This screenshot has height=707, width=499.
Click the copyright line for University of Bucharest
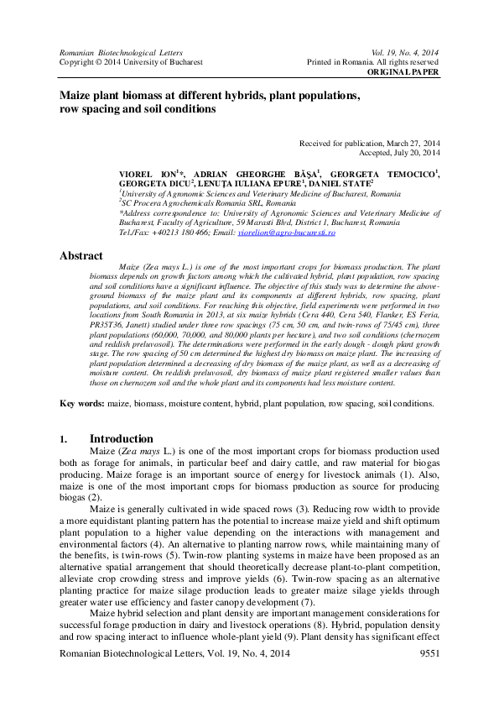tap(131, 62)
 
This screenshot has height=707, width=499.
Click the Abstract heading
tap(81, 255)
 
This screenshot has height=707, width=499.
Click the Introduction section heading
tap(121, 438)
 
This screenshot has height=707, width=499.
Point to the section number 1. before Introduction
tap(64, 439)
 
